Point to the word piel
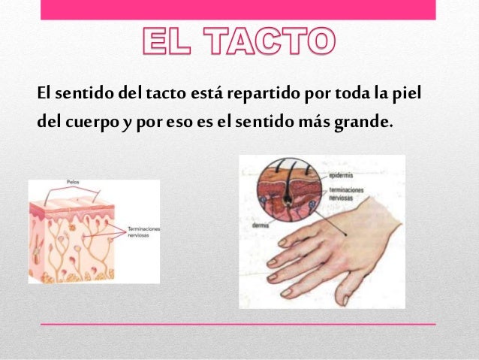coord(406,96)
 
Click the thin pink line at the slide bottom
coord(239,323)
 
